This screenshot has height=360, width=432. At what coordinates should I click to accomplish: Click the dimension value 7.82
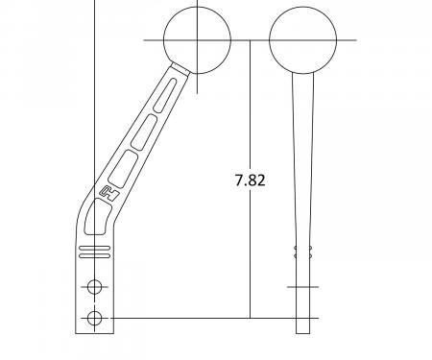coord(251,180)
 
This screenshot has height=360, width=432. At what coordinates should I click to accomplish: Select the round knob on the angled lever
coord(198,40)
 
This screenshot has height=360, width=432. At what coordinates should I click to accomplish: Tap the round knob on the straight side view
coord(303,40)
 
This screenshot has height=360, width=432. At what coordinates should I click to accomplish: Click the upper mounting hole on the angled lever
coord(94,286)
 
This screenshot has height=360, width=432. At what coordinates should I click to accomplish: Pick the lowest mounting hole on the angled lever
coord(94,318)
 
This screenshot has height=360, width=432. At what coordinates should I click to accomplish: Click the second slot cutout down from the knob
coord(142,133)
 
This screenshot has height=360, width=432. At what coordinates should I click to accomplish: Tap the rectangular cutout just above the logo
coord(123,170)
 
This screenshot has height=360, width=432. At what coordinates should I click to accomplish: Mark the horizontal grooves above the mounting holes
coord(94,252)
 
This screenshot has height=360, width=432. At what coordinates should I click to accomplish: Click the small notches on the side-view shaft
coord(303,252)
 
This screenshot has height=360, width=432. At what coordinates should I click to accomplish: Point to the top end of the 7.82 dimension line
coord(251,41)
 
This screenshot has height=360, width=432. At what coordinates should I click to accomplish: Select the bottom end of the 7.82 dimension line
coord(251,318)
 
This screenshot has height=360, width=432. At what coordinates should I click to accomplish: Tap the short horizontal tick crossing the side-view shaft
coord(303,286)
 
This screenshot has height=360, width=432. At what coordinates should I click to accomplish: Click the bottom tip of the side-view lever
coord(303,332)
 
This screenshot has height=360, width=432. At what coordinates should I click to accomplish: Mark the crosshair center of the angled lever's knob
coord(198,40)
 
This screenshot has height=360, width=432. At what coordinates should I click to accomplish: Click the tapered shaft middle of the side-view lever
coord(303,163)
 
